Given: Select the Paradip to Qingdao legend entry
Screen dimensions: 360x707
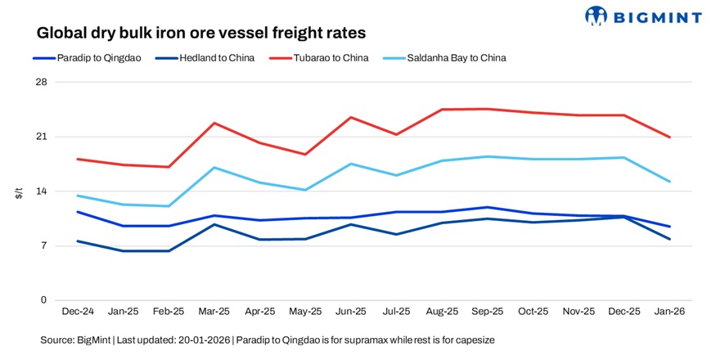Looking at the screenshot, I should [x=92, y=58].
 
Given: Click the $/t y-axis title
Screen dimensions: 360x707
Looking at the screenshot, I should [x=18, y=192].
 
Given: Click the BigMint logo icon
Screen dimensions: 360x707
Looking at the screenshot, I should [x=597, y=16].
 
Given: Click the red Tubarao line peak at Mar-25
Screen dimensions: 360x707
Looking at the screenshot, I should [x=214, y=123].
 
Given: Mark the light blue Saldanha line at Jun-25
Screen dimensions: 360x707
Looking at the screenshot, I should [x=350, y=164].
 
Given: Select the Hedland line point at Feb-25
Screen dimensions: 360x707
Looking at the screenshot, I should [x=168, y=250].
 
